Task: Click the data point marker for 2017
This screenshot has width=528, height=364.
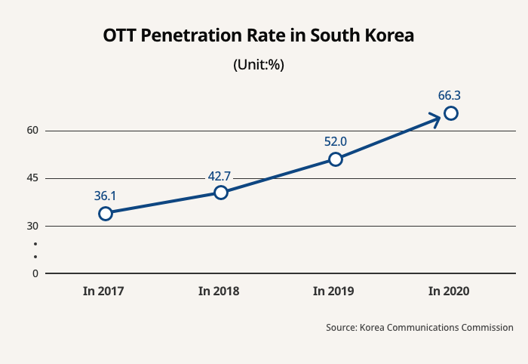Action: [x=106, y=214]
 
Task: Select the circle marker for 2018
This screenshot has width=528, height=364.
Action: [x=221, y=193]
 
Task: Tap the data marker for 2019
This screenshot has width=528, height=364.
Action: [x=336, y=159]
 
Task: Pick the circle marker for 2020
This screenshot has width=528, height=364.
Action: [x=451, y=113]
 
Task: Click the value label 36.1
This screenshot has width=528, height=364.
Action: [x=105, y=196]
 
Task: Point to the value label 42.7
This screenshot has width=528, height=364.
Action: [x=219, y=177]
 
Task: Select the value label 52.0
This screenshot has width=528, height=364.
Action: [x=335, y=141]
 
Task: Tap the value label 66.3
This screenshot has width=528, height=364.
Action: [x=450, y=96]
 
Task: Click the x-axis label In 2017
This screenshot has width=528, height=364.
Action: [x=103, y=291]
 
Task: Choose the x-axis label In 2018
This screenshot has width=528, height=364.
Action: [x=219, y=291]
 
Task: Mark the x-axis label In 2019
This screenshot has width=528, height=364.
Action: [x=333, y=291]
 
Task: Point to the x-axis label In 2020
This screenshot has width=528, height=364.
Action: [x=449, y=291]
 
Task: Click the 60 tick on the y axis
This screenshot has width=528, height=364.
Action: [x=32, y=131]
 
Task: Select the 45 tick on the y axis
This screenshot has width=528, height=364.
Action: [x=32, y=178]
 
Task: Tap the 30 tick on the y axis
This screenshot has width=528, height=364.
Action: [x=32, y=226]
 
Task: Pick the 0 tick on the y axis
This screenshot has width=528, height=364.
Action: [x=35, y=273]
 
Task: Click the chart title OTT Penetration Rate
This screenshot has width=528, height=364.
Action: [x=259, y=35]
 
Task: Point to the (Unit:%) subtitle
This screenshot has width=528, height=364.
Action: [x=259, y=64]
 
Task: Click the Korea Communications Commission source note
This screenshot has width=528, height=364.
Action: [x=420, y=328]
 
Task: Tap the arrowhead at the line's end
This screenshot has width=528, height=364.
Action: [x=436, y=119]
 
